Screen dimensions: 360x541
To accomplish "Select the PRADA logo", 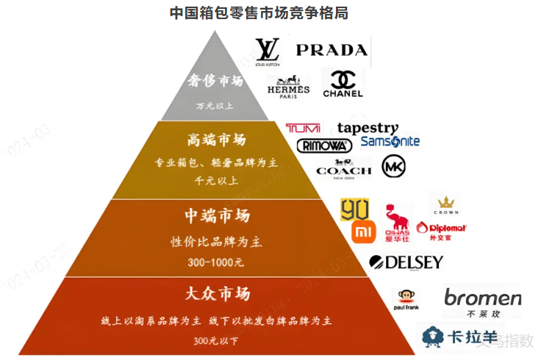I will point(331,50).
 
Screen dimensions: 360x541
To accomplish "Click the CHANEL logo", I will point(343,84).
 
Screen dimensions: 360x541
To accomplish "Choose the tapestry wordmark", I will point(368,129).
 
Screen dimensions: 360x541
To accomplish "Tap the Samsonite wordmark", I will point(390,141).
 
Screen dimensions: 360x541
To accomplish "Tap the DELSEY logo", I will point(406,262).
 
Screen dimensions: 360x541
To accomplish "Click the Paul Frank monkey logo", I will point(408,302).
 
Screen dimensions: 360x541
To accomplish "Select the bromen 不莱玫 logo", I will point(482,301).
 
